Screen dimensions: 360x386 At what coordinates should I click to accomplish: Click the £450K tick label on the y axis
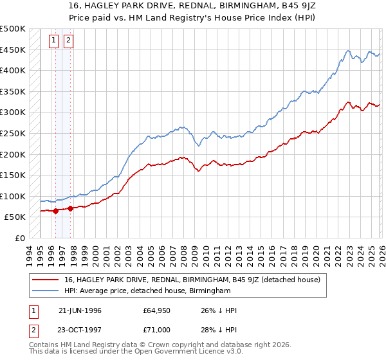point(13,50)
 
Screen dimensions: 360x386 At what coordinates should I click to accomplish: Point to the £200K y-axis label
point(13,154)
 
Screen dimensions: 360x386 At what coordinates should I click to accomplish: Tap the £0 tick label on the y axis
point(20,238)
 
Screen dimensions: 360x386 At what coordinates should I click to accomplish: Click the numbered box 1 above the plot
point(55,40)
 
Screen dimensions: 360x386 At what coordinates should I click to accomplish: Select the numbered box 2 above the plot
point(69,40)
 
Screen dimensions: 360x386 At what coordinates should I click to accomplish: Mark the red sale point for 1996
point(55,210)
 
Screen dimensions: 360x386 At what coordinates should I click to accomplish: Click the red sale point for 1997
point(70,208)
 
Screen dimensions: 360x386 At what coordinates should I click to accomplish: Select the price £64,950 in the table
point(156,310)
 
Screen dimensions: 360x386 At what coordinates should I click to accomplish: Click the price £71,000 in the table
point(156,330)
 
